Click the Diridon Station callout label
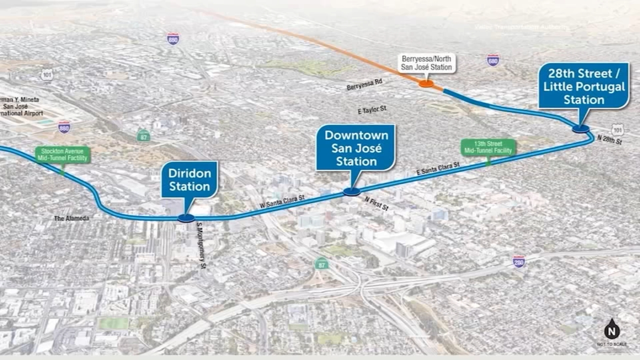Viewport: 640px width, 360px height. tap(189, 180)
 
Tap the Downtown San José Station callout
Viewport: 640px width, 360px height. tap(356, 148)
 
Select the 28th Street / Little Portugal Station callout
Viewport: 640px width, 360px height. tap(584, 86)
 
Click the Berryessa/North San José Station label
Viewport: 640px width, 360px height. tap(426, 63)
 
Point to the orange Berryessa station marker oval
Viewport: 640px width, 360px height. tap(426, 84)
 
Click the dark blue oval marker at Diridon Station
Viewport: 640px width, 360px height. tap(186, 218)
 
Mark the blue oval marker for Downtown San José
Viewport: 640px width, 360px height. tap(352, 192)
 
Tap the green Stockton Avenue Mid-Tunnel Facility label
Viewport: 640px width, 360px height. tap(62, 154)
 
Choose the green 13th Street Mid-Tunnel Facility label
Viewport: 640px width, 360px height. tap(488, 147)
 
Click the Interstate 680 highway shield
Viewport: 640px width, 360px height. tap(493, 60)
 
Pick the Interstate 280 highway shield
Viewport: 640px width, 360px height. tap(518, 262)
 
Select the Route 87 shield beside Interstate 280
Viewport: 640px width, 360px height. tap(321, 264)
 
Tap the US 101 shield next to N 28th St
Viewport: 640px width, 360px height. tap(617, 130)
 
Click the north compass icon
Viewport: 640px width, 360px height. tap(612, 330)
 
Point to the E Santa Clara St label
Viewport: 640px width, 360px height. tap(438, 168)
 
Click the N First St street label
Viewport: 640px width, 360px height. tap(376, 204)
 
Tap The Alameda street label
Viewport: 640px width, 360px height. tap(72, 218)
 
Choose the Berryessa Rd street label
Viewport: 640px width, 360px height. tap(364, 84)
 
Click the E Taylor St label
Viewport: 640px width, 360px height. tap(372, 109)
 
